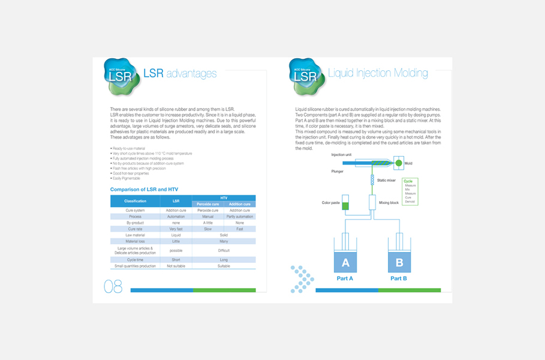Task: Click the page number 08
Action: click(113, 287)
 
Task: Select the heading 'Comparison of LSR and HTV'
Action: click(144, 190)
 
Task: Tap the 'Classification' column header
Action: click(135, 201)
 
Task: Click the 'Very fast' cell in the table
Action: click(176, 229)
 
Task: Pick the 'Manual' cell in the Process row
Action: click(207, 217)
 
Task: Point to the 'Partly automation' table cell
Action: click(240, 217)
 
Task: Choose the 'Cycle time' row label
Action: click(135, 260)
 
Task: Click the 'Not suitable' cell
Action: click(176, 266)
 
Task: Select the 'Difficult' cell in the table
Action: click(224, 250)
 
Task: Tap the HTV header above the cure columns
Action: click(224, 197)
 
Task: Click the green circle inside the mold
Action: click(398, 163)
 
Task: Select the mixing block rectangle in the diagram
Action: click(372, 203)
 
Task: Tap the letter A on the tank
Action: click(345, 263)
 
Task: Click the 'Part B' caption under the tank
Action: click(399, 278)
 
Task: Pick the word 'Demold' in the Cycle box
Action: click(411, 202)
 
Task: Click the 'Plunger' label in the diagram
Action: click(338, 170)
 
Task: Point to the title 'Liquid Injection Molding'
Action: click(378, 73)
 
